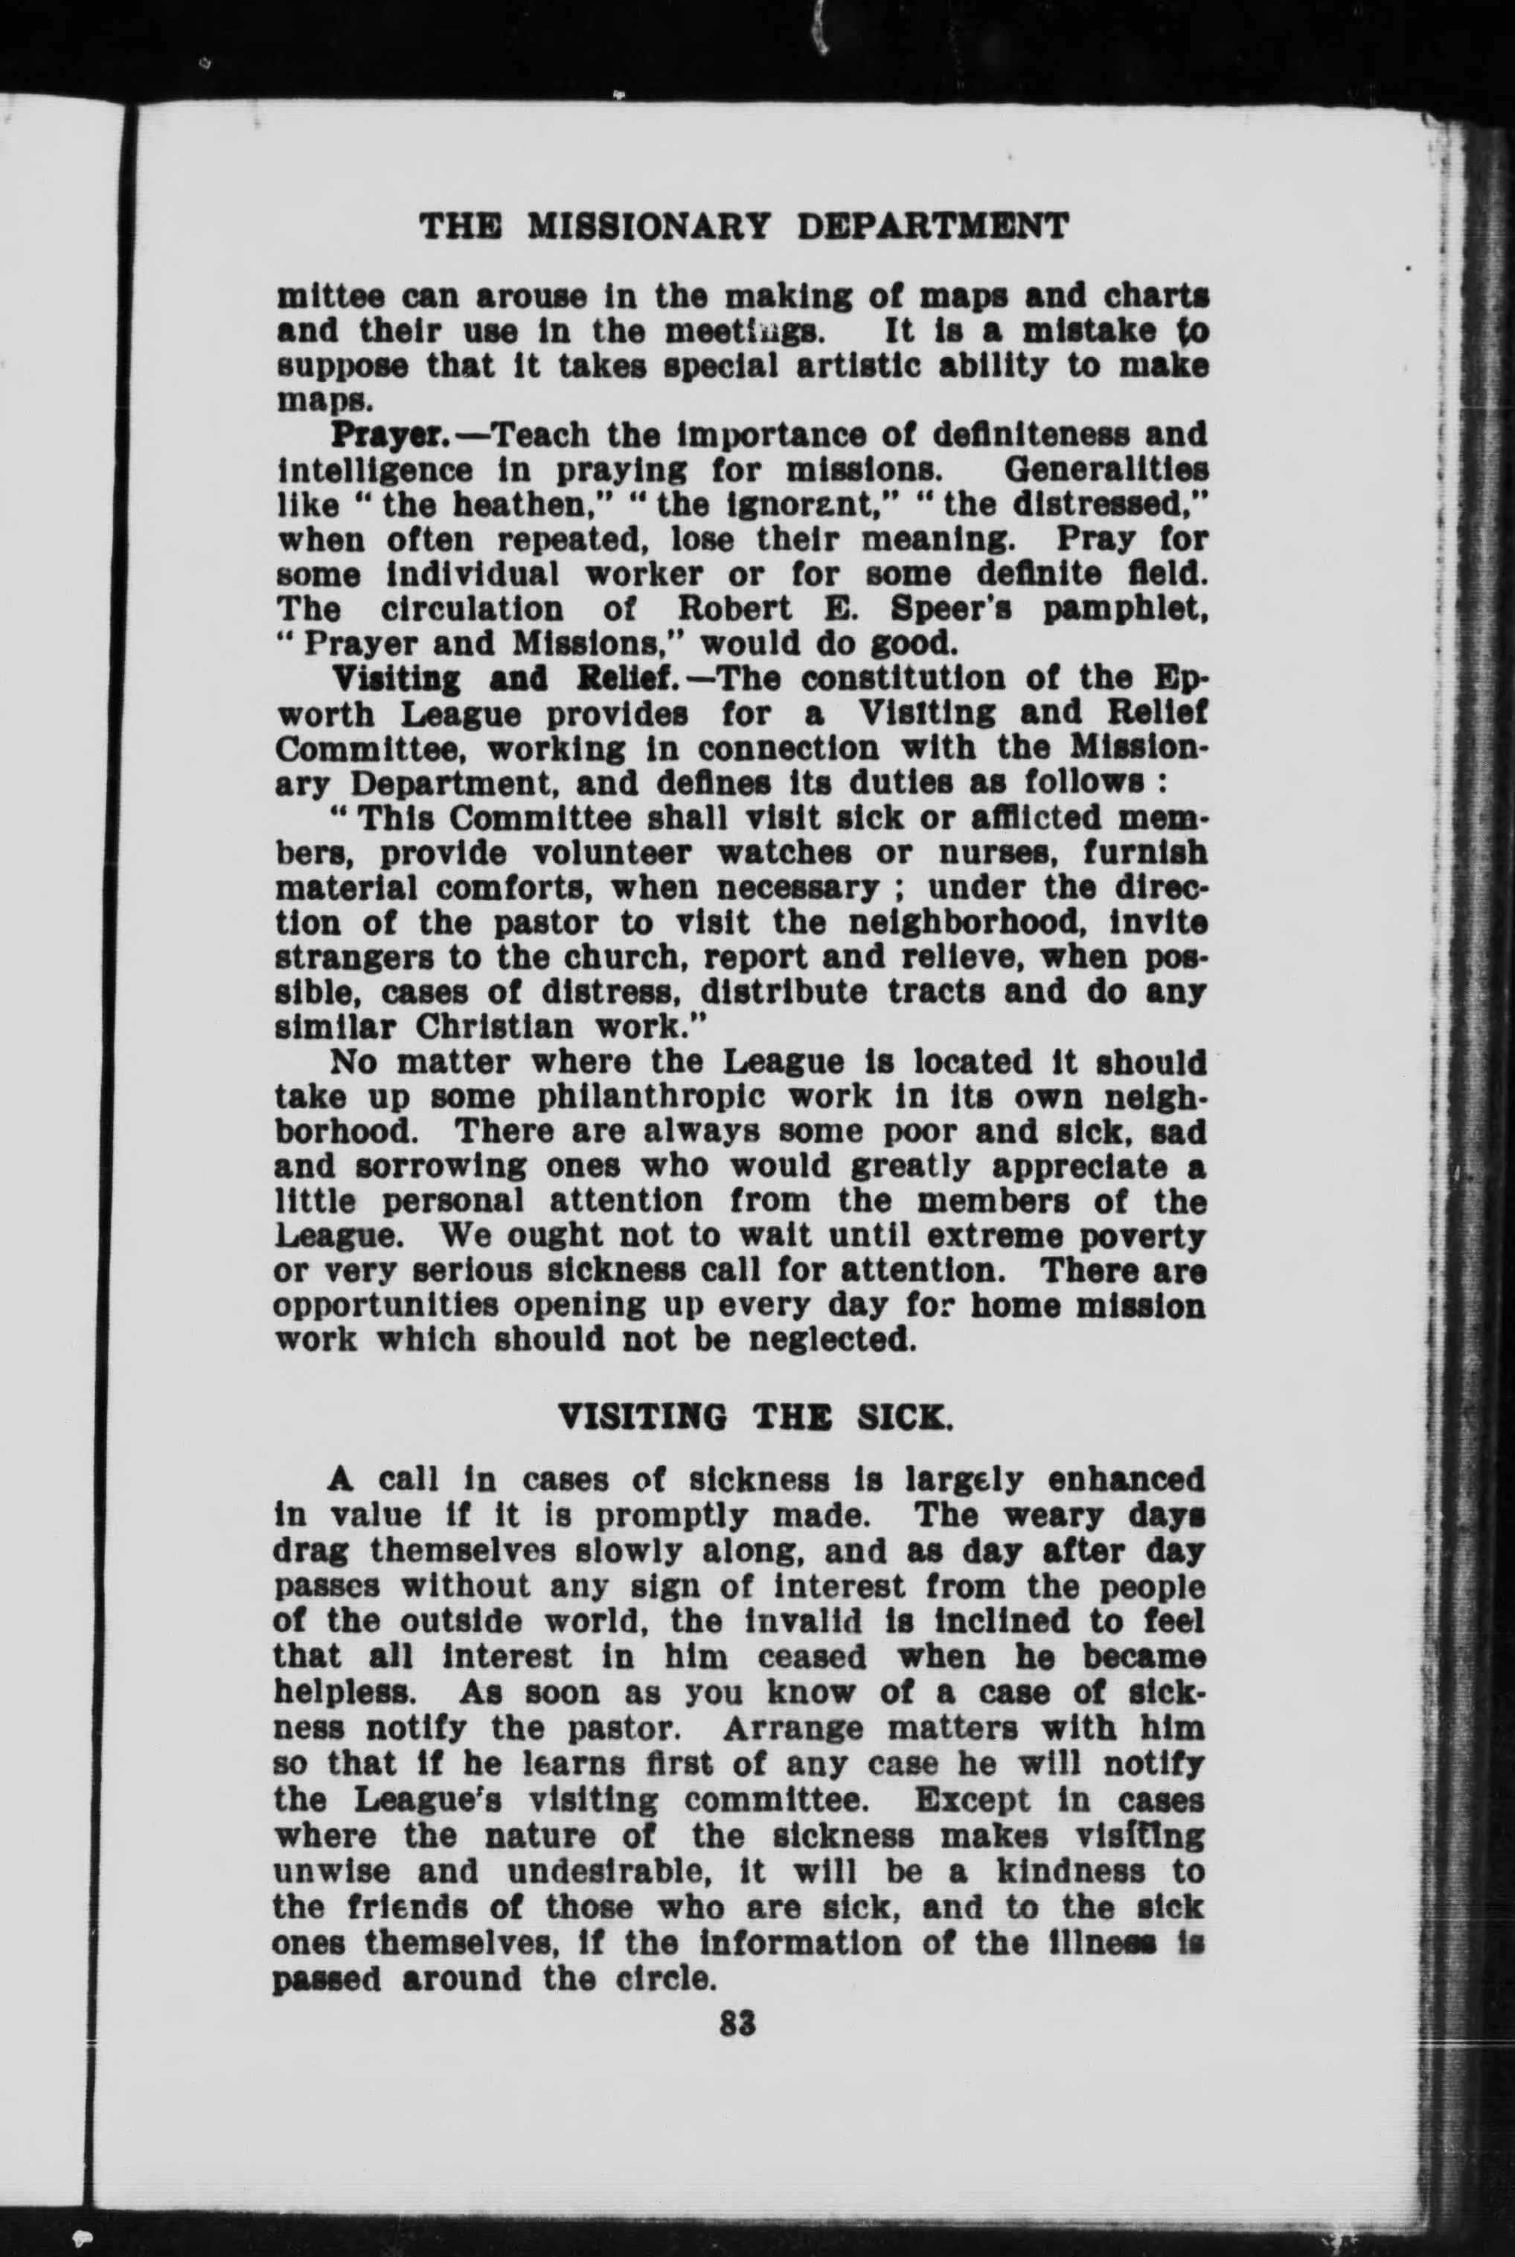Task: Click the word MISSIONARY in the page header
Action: pyautogui.click(x=648, y=226)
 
